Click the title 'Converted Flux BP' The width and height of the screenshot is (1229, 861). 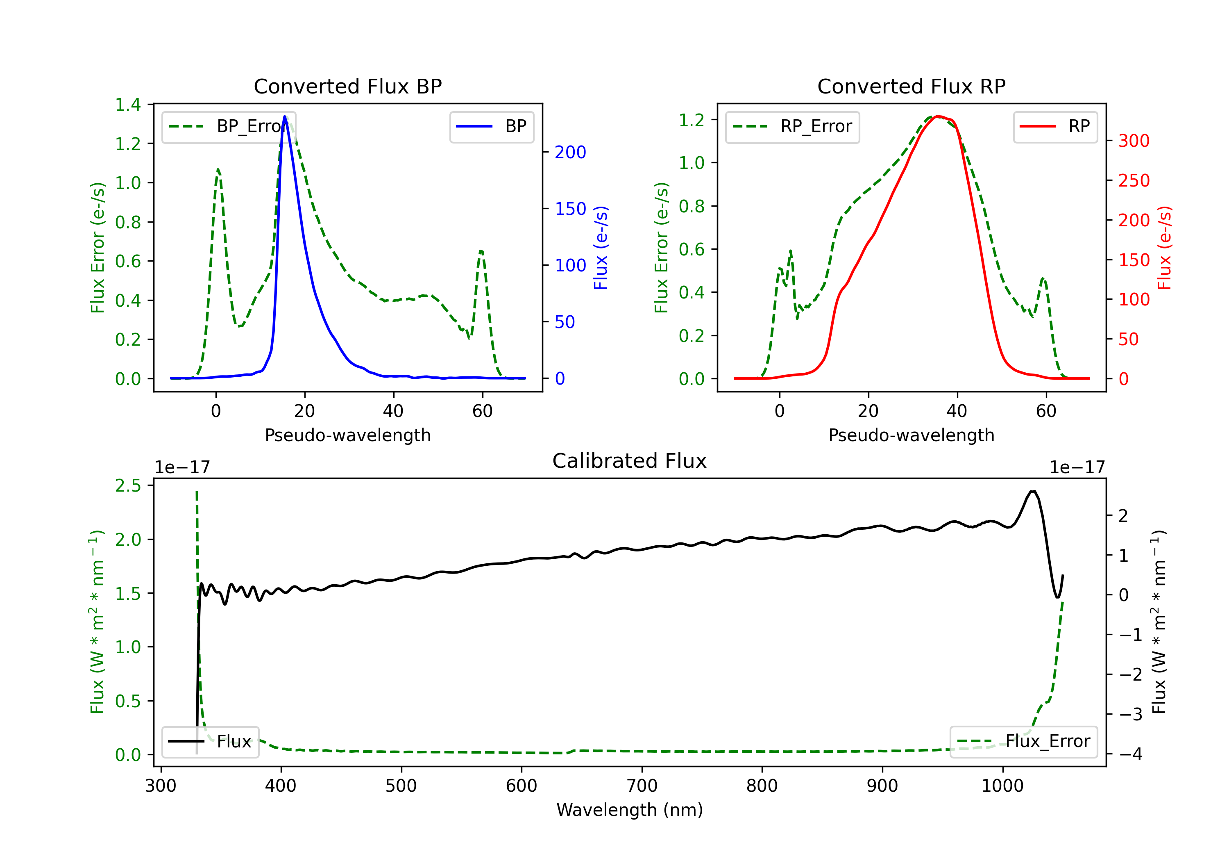click(348, 86)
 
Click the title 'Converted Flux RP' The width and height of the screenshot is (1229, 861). click(912, 86)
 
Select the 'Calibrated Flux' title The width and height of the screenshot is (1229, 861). click(630, 461)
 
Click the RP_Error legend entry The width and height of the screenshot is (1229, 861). click(793, 126)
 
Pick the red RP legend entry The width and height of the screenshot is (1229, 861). click(1055, 126)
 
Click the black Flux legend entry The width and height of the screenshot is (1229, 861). click(210, 742)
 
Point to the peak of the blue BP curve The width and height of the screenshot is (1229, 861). click(285, 116)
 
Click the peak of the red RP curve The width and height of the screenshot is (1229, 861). click(939, 116)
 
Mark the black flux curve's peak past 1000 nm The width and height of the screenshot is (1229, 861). click(1033, 491)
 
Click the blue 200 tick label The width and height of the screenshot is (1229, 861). click(571, 152)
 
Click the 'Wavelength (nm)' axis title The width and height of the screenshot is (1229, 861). click(630, 810)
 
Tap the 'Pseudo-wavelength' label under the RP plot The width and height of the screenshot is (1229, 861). click(912, 435)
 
